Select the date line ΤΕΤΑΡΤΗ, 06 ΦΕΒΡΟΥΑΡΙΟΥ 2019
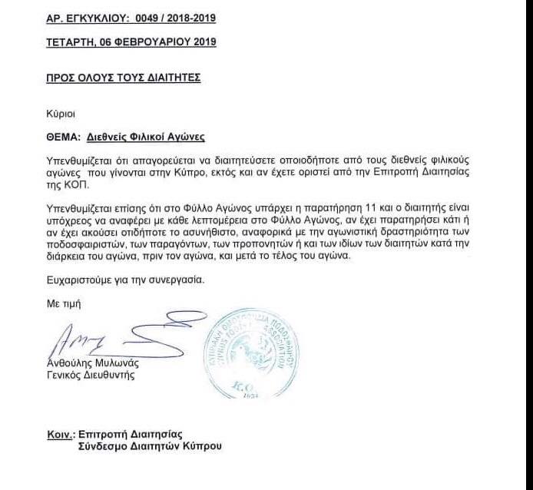[131, 41]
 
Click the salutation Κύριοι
[60, 113]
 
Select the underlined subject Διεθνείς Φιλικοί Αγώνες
[146, 136]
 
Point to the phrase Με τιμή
[63, 304]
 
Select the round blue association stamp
[250, 350]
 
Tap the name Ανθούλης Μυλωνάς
[91, 364]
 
